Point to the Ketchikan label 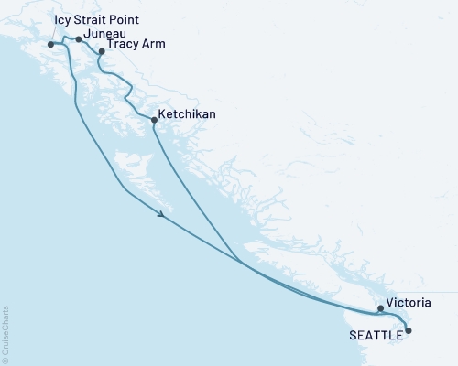189,117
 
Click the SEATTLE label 376,336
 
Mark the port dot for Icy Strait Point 50,43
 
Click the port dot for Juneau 79,39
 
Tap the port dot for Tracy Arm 102,52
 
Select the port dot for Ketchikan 154,120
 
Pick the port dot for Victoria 381,308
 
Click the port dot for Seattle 409,330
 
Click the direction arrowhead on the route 161,216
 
